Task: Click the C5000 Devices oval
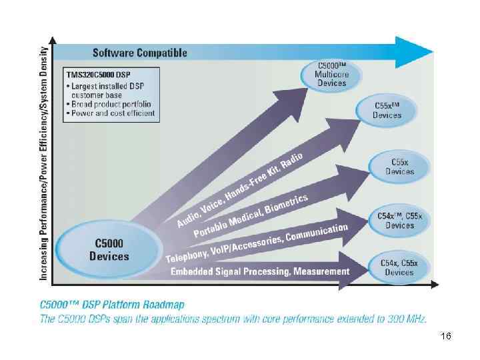point(109,249)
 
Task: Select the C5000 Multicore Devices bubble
point(331,74)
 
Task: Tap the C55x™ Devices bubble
point(387,110)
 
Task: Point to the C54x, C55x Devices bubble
point(399,267)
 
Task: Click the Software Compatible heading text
point(139,53)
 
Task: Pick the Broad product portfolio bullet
point(111,104)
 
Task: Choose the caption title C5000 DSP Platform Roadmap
point(112,305)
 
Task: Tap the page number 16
point(446,337)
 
